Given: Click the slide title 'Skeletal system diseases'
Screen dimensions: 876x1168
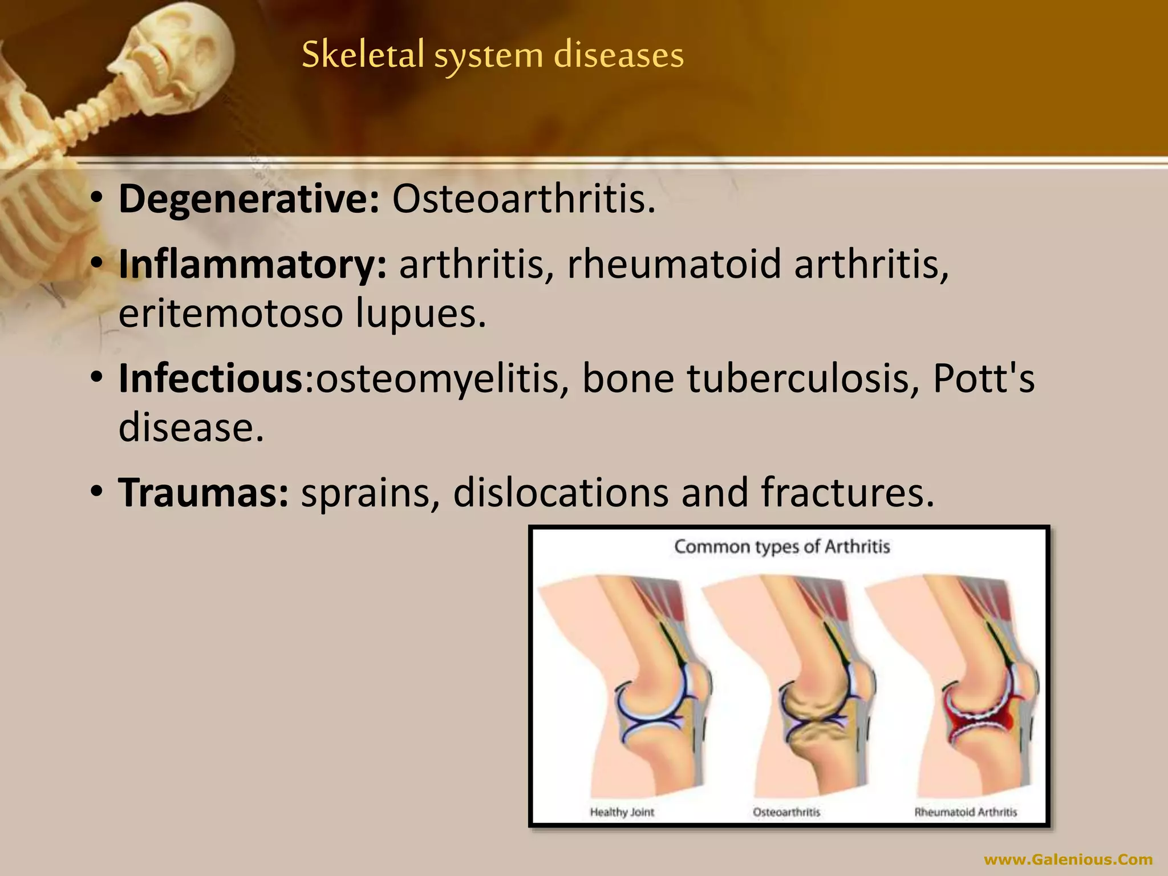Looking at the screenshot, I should coord(492,56).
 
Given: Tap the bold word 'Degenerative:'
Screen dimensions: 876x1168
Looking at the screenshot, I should coord(249,200).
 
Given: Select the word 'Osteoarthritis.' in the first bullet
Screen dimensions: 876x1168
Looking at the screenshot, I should coord(524,200).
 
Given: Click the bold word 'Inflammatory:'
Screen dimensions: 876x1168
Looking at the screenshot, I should coord(253,265).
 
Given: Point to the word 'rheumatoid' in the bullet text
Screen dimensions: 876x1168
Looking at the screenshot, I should coord(674,265).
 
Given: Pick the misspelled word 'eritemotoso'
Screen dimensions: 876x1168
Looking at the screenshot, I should coord(229,314).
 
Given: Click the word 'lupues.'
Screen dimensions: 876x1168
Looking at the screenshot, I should coord(421,314).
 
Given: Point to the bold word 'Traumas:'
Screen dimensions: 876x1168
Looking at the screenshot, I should coord(204,493).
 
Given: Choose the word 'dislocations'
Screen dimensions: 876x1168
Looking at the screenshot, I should coord(561,493).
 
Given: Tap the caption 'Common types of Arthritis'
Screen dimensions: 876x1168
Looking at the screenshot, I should coord(782,547).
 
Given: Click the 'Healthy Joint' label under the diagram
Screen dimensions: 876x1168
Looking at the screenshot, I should coord(622,812).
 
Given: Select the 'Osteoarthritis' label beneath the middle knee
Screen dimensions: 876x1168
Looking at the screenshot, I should coord(786,812).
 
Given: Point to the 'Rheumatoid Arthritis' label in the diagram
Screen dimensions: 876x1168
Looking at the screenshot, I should coord(966,812).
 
